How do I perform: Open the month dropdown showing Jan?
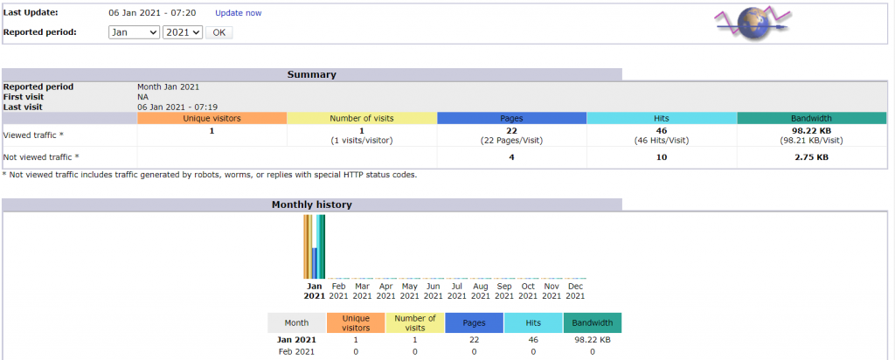click(x=134, y=32)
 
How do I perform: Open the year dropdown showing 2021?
click(x=183, y=32)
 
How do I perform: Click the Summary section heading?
click(x=311, y=74)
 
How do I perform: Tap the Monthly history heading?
click(x=311, y=204)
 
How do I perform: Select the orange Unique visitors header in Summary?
click(x=212, y=118)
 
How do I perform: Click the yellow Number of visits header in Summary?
click(x=362, y=118)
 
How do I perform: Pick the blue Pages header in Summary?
click(x=511, y=118)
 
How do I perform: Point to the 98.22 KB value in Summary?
click(x=811, y=130)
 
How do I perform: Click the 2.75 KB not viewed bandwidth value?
click(x=811, y=157)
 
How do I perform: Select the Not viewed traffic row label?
click(x=41, y=157)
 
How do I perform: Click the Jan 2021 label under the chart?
click(x=315, y=290)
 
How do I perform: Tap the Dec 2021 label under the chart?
click(x=575, y=290)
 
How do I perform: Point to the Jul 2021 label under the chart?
click(x=457, y=290)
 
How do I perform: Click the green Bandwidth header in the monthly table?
click(x=593, y=322)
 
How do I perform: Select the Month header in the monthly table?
click(x=296, y=322)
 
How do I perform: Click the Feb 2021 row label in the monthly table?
click(x=296, y=351)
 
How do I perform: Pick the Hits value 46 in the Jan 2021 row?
click(x=533, y=340)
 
